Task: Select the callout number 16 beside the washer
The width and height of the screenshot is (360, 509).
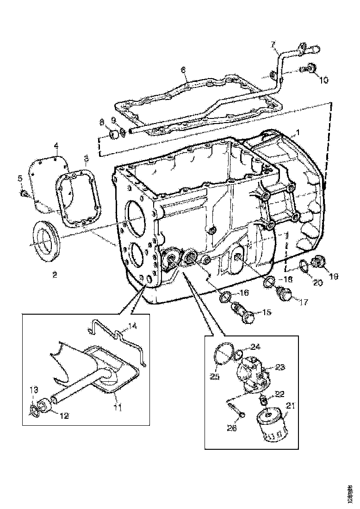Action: [244, 293]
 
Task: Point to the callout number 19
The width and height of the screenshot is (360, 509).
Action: [333, 276]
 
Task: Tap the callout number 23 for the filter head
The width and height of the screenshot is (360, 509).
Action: [280, 367]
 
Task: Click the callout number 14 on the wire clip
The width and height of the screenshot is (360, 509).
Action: [133, 326]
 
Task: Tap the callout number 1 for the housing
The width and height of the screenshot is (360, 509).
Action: [298, 132]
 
